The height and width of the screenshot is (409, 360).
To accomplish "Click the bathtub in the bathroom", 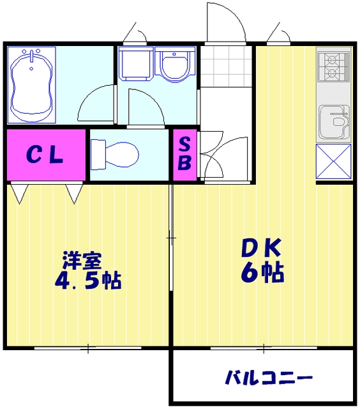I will (x=30, y=85).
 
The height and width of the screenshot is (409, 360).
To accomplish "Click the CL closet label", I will (x=45, y=155).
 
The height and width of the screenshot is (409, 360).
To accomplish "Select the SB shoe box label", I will (x=184, y=154).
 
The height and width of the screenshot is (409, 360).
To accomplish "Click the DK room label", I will (x=260, y=247).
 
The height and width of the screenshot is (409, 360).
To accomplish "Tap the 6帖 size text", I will (x=262, y=273).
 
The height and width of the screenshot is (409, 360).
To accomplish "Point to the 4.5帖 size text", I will (x=89, y=281).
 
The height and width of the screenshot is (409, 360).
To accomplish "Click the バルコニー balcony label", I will (x=268, y=378).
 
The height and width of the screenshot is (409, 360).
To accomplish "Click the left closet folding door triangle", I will (x=19, y=192).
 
